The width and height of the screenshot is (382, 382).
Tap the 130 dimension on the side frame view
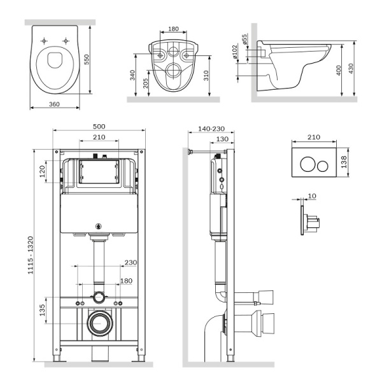(222, 139)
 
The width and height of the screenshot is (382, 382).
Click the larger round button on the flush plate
(308, 166)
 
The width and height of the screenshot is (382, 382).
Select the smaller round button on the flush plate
(323, 166)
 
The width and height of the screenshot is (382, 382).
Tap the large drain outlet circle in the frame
(99, 323)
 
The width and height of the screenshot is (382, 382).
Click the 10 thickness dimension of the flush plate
(312, 195)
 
